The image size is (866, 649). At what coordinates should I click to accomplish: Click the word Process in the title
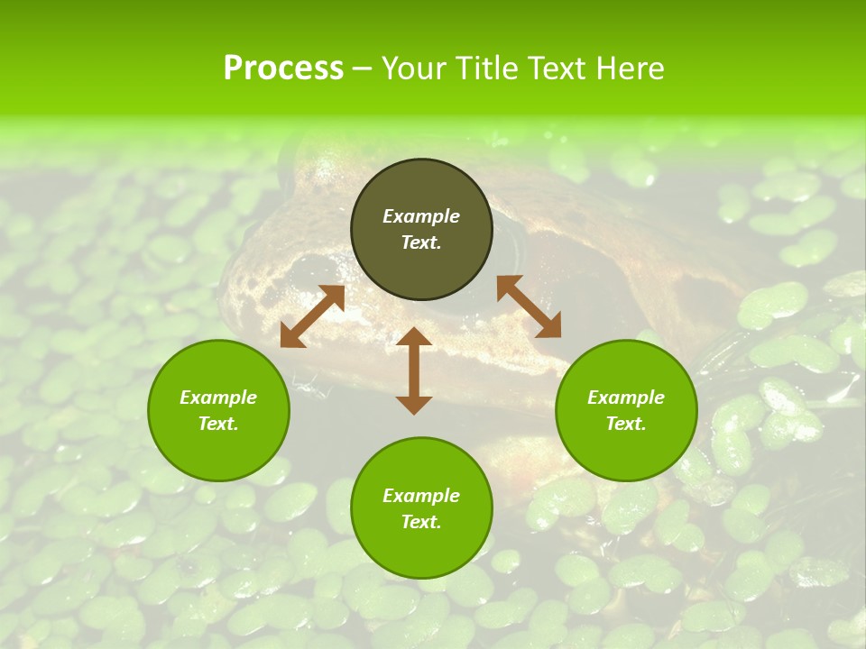coord(283,69)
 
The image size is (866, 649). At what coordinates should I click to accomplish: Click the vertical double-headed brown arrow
coord(414,370)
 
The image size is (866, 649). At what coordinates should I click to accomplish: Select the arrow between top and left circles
coord(312,315)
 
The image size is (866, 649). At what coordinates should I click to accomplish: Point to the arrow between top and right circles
coord(530,306)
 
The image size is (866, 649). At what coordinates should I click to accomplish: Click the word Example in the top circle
coord(421,216)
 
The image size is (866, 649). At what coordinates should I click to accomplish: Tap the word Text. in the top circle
coord(421,242)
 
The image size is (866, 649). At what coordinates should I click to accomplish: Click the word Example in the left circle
coord(218,398)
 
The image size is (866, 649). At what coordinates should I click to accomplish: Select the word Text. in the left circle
coord(218,424)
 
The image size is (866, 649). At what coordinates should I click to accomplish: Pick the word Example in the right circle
coord(626,398)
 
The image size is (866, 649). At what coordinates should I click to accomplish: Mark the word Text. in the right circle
coord(626,424)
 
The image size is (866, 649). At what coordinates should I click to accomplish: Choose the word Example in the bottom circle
coord(421,496)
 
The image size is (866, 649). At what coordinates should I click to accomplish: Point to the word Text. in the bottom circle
coord(421,522)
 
